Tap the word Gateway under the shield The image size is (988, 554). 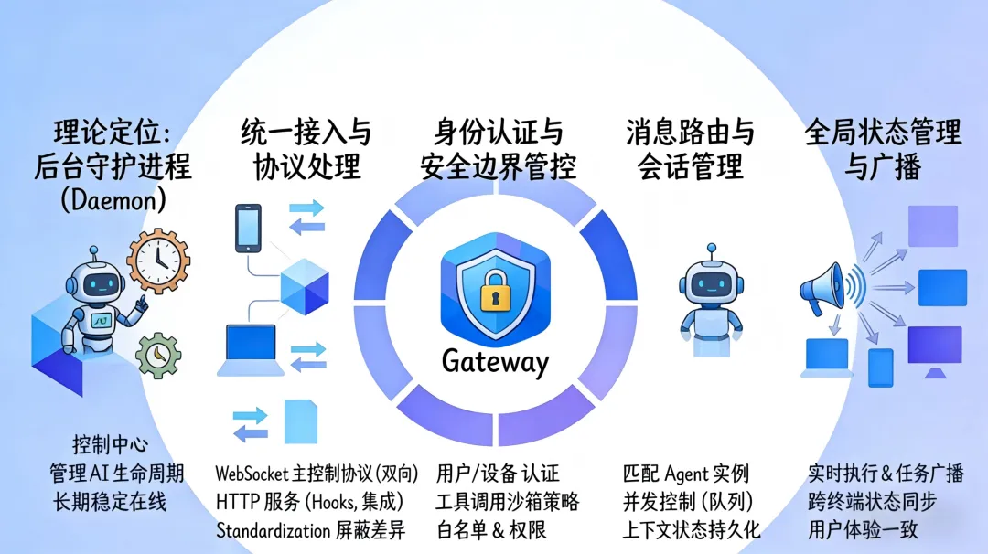click(495, 361)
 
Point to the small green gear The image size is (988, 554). click(157, 354)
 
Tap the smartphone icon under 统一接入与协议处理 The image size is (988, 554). click(248, 229)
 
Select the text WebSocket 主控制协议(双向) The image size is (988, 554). click(317, 474)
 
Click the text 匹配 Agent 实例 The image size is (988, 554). click(685, 474)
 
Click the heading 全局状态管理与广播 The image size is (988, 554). click(883, 151)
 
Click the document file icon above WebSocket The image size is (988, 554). click(300, 421)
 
